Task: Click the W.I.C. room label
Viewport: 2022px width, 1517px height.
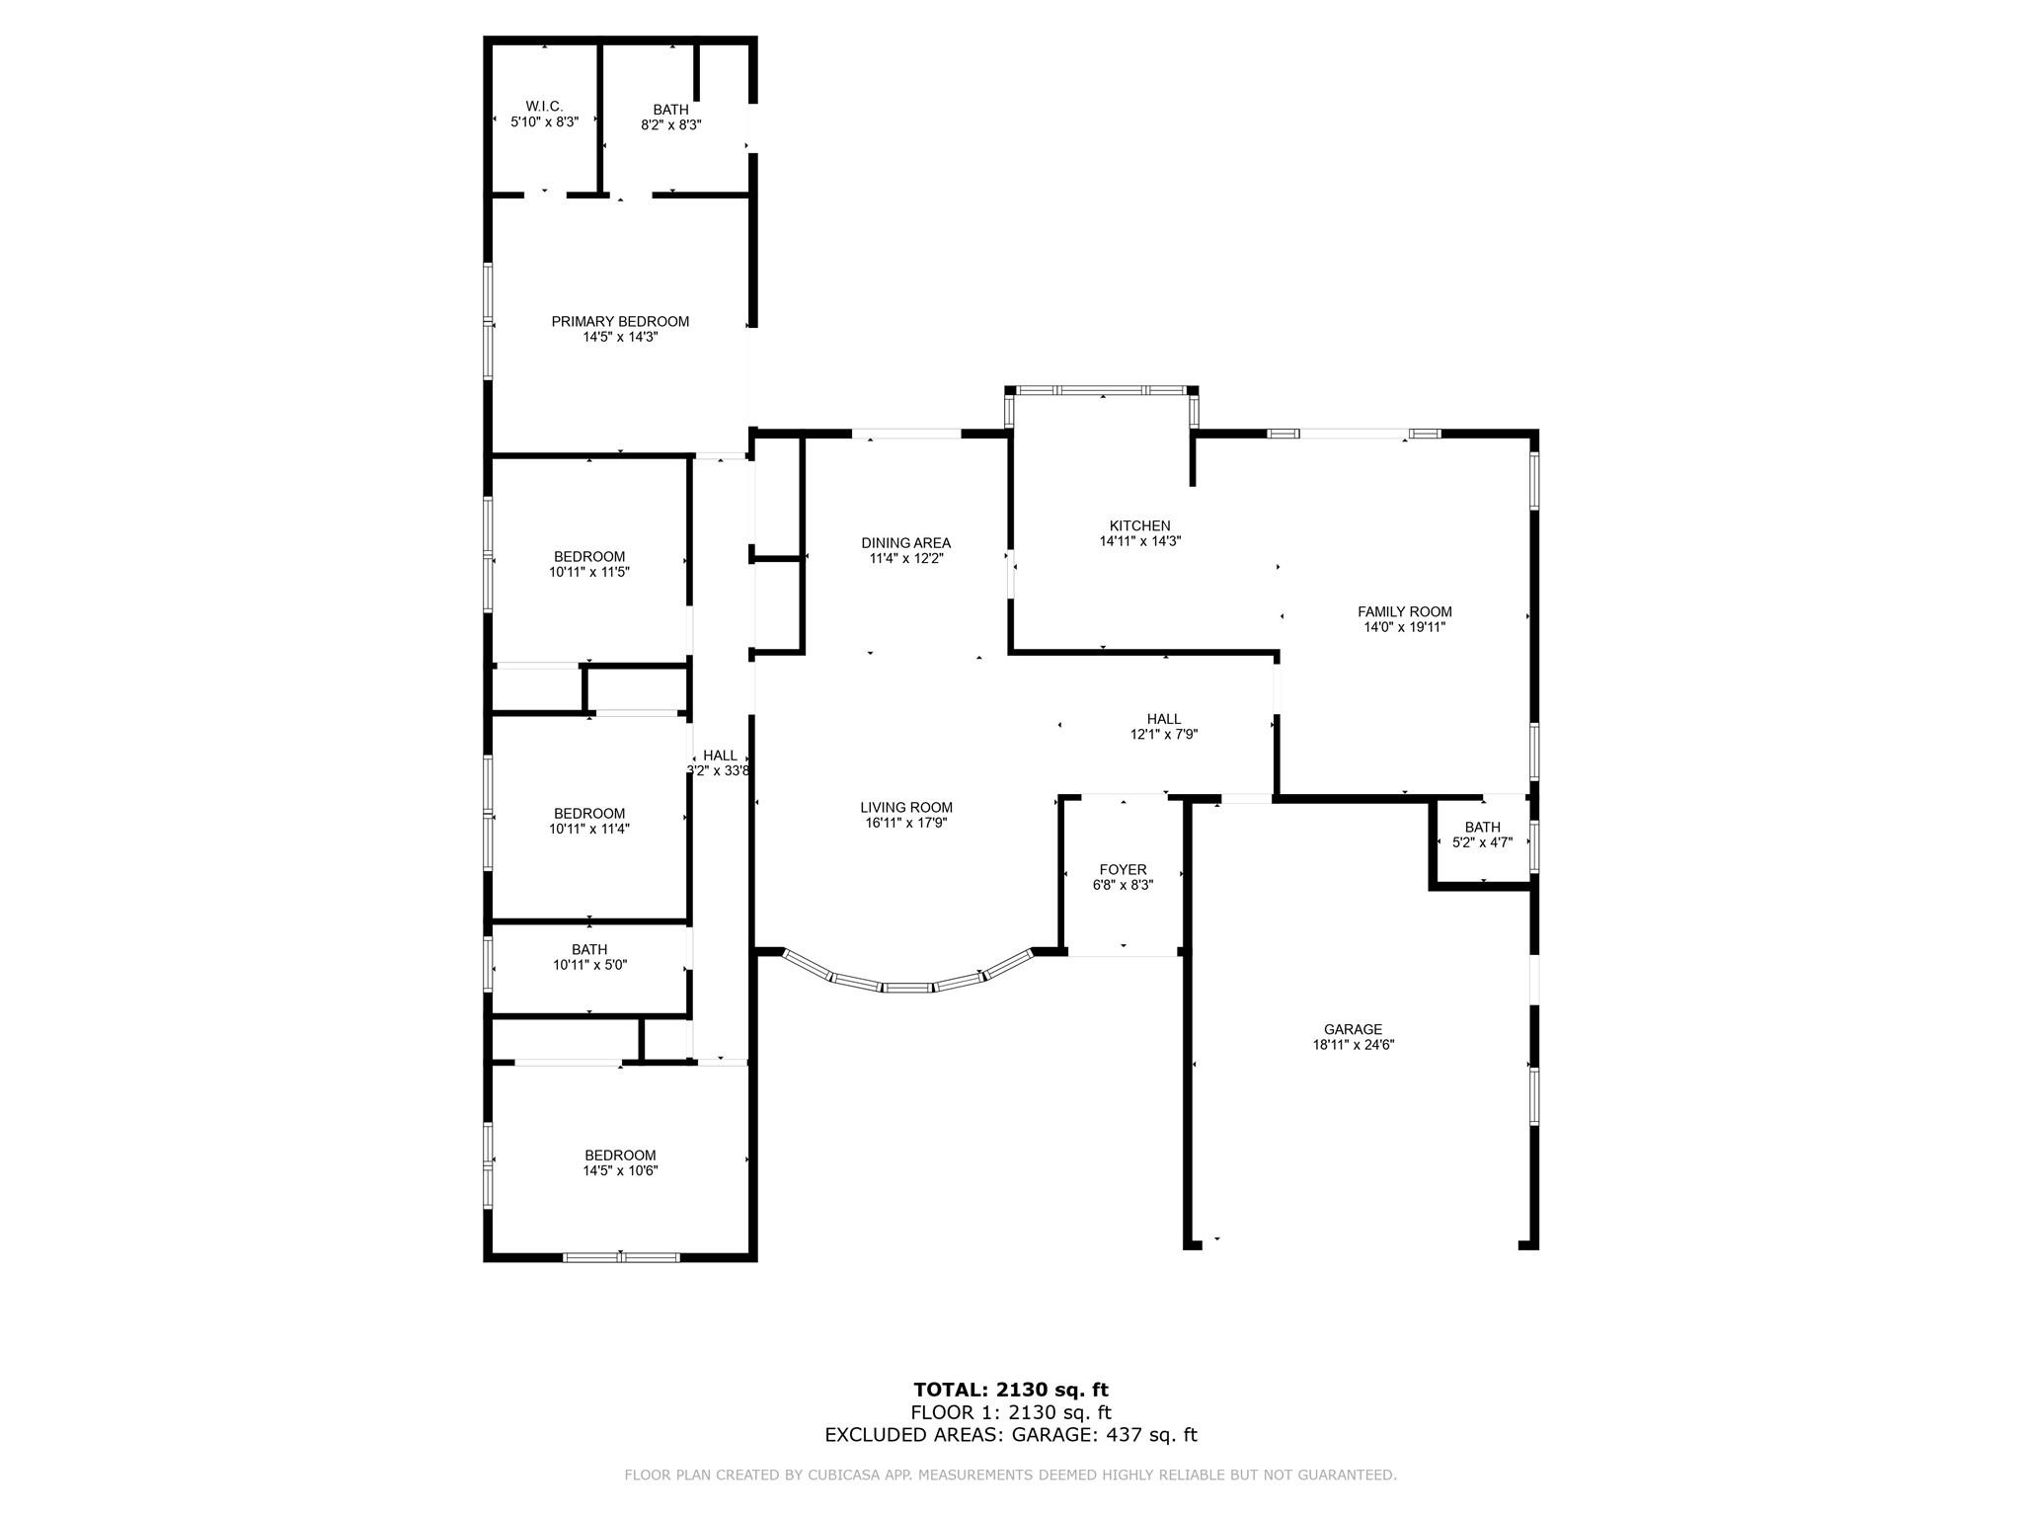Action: [544, 106]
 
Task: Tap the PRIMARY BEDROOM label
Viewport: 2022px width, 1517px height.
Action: [620, 321]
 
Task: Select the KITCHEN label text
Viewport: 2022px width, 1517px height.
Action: [1140, 525]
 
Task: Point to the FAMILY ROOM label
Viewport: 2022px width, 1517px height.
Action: [1405, 611]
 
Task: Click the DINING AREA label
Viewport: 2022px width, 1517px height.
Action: [906, 542]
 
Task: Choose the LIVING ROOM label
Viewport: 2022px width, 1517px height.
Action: [906, 807]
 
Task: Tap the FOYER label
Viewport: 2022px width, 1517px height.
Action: [1124, 869]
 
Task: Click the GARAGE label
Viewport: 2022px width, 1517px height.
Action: [1354, 1029]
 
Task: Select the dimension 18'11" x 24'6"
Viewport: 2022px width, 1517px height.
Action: [1354, 1044]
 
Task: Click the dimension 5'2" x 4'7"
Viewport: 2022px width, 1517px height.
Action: [1483, 842]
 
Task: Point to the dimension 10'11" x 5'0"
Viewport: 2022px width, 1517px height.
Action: [590, 965]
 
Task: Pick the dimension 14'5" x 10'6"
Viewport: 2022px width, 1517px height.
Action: [620, 1170]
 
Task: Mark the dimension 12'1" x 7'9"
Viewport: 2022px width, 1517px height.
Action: [1164, 734]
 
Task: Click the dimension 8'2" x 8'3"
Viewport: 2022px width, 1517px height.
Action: [671, 124]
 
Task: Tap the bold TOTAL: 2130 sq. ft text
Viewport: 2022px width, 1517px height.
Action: [1011, 1391]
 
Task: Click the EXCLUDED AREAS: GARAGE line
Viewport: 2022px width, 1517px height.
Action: [1011, 1435]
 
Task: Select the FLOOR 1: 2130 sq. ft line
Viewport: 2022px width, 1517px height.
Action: [1011, 1412]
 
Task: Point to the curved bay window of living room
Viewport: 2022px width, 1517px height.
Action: [907, 986]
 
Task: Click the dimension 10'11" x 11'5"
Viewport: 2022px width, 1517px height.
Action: [590, 571]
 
